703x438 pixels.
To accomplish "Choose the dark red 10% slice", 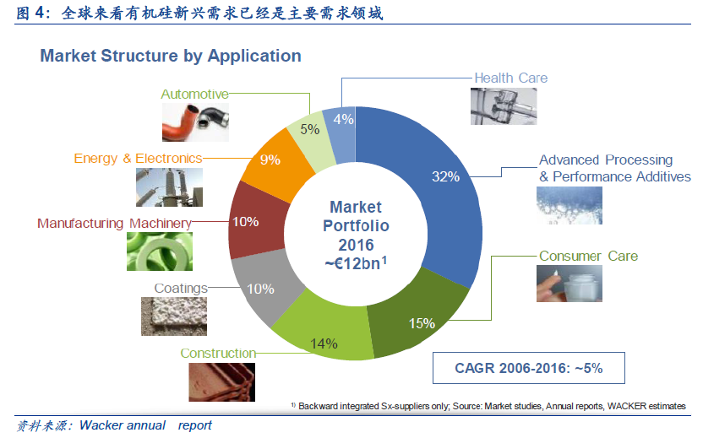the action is coord(253,222).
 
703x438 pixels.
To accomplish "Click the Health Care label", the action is coord(510,78).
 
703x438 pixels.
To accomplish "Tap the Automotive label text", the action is coord(194,94).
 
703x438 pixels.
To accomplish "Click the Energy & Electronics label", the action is coord(138,158).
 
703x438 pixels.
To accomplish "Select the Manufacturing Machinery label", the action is coord(114,223).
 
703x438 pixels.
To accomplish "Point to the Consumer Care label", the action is coord(588,256).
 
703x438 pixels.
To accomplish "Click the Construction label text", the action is coord(218,353).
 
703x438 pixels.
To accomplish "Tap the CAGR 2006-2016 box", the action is coord(529,368).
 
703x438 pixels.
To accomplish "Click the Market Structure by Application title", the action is coord(171,56).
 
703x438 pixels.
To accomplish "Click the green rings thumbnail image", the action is coord(160,251).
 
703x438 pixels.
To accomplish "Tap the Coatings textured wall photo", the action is coord(174,316).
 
